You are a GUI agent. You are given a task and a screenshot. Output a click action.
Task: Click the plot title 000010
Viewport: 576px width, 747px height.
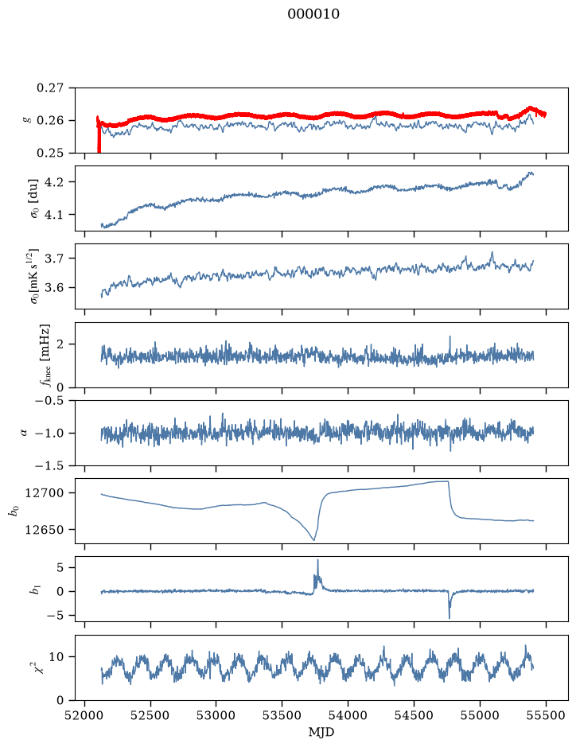tap(313, 14)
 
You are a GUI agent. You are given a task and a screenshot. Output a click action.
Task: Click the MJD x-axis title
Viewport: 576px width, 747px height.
tap(321, 732)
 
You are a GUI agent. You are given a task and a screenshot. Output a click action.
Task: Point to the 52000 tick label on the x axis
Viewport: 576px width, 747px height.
tap(85, 715)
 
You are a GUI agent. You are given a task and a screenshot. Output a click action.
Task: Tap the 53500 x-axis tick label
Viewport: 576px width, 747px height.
tap(282, 715)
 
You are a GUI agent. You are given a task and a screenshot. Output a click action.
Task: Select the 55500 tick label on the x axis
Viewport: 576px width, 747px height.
tap(546, 715)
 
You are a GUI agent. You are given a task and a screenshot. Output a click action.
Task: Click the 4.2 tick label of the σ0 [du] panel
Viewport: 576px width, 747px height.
tap(54, 182)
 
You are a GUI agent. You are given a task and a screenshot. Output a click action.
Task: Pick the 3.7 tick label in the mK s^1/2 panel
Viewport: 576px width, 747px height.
tap(54, 259)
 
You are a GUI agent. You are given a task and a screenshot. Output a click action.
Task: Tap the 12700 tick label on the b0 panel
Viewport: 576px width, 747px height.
tap(45, 493)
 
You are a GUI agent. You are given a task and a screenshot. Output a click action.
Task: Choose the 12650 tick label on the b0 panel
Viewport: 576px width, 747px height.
tap(45, 530)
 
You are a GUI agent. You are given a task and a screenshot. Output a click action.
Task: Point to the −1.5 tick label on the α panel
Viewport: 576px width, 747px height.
tap(49, 465)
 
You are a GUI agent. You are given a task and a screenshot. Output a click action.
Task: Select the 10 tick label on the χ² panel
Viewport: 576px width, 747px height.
tap(56, 657)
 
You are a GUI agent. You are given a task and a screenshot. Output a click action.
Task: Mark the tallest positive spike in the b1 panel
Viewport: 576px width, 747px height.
tap(317, 560)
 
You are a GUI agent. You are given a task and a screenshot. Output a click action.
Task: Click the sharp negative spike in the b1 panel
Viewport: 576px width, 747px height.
tap(450, 617)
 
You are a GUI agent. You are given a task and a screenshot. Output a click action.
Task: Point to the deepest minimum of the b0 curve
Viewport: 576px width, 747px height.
tap(313, 539)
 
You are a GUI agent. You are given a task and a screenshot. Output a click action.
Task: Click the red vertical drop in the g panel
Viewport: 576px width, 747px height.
tap(99, 136)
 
